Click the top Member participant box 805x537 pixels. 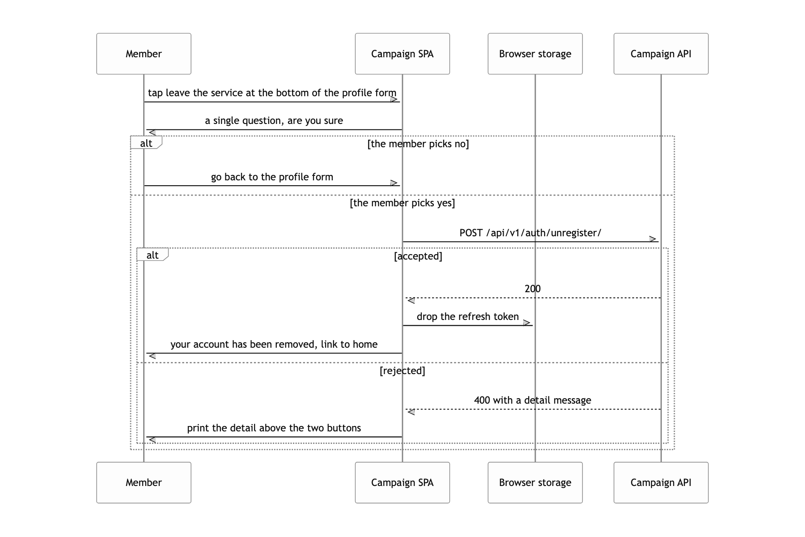tap(144, 54)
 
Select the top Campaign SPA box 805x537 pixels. tap(402, 54)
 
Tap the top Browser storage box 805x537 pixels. tap(535, 54)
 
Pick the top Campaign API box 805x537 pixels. tap(661, 54)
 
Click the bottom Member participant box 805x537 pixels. tap(144, 482)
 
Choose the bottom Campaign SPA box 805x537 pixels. tap(402, 482)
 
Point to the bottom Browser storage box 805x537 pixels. tap(535, 482)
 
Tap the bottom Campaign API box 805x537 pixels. tap(661, 482)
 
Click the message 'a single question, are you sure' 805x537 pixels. tap(274, 121)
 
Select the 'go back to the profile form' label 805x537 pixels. tap(272, 177)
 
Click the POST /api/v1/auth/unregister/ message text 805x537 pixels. tap(530, 233)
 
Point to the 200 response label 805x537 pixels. tap(533, 289)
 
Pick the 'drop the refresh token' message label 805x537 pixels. tap(468, 317)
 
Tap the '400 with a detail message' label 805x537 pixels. tap(533, 400)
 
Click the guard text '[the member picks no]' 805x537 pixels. tap(418, 144)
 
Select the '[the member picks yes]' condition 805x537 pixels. tap(402, 203)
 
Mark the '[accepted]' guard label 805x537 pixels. tap(418, 256)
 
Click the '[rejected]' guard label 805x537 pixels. tap(402, 371)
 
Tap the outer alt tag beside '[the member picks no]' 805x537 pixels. tap(146, 143)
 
